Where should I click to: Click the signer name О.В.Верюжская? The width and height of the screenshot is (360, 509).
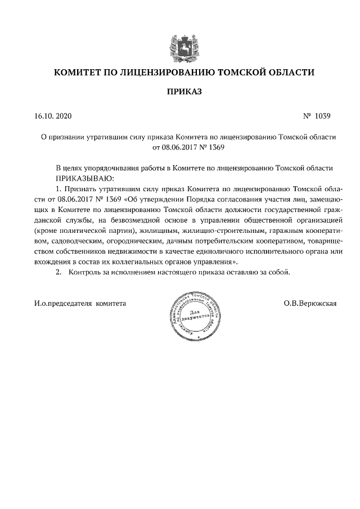[x=310, y=304]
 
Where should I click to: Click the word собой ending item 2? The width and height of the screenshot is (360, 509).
[x=280, y=272]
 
